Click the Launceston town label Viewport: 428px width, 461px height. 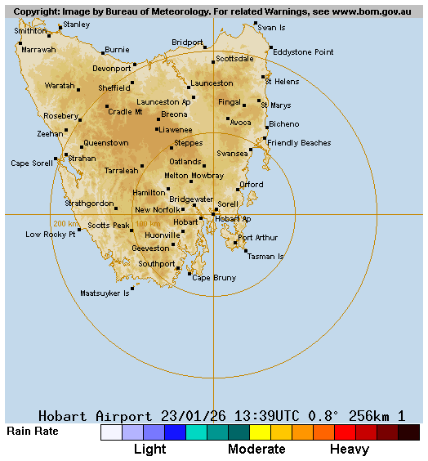212,83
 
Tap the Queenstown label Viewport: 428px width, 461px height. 105,143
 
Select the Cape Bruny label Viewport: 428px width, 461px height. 214,278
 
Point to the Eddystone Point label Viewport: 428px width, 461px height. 303,52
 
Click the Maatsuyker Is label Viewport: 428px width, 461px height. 105,293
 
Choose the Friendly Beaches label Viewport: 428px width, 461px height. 299,143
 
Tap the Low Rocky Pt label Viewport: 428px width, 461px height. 51,235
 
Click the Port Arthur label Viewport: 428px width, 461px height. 258,238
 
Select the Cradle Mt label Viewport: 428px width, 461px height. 125,112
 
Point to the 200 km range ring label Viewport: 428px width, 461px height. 65,223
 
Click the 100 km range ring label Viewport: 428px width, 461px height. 148,223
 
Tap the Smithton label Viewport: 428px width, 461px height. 31,31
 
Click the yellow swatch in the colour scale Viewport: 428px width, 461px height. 260,432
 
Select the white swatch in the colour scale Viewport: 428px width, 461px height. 111,432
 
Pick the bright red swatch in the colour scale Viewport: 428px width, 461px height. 345,432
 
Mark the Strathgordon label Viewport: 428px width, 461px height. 89,204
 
